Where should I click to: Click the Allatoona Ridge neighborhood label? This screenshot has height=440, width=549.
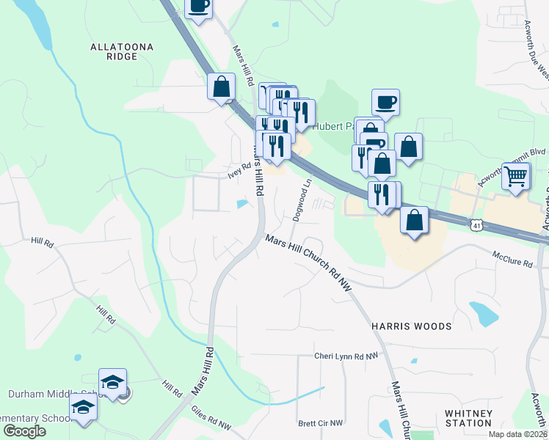coord(123,51)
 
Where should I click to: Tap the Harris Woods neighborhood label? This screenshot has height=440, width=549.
coord(411,325)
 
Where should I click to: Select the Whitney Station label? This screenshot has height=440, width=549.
coord(468,418)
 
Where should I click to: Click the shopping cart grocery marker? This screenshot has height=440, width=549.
coord(517,175)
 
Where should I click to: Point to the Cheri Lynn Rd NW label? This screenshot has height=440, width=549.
coord(346,356)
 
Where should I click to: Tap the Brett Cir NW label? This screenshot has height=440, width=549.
coord(321,423)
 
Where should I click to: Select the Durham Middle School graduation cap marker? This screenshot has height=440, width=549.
coord(113,382)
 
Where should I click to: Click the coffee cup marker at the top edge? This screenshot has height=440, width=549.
coord(197,7)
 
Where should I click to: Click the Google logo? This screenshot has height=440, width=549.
coord(25,431)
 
